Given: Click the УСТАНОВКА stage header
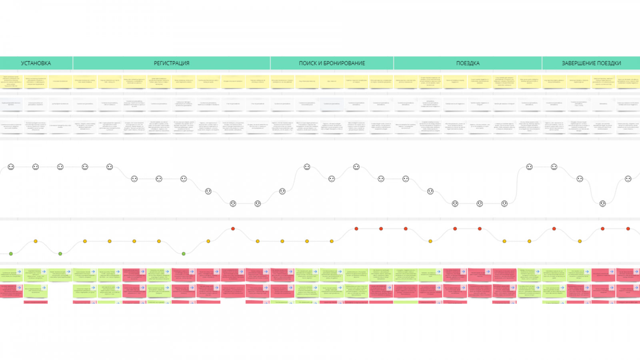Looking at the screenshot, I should pos(36,63).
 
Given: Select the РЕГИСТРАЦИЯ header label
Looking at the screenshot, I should pos(172,63).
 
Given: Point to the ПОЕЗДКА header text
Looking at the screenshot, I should pos(468,63).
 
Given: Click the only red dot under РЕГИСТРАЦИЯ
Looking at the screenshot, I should pos(233,229).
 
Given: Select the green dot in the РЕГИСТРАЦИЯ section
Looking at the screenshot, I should pos(184,254).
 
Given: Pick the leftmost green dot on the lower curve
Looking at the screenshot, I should pos(11,254).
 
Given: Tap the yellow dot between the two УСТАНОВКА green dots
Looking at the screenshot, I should pos(36,241).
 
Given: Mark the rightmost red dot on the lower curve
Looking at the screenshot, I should pos(628,229).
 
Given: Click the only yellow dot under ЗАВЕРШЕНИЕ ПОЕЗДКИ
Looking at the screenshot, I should pos(580,241).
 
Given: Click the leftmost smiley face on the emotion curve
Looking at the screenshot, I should pos(11,167).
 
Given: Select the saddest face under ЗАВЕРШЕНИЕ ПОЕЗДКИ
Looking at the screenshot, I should pos(602,204).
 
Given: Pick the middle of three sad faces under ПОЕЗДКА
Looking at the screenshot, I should pos(480,204).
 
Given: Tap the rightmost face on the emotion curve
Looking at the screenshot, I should pos(628,179).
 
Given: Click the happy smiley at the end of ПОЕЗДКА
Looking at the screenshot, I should pos(529,167).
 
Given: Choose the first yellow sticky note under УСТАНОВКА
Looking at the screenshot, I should pos(11,81).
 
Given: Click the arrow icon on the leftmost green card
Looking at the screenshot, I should pos(19,272).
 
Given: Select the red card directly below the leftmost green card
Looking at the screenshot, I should pos(11,291).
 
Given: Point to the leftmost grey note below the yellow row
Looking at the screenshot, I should pos(11,104).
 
